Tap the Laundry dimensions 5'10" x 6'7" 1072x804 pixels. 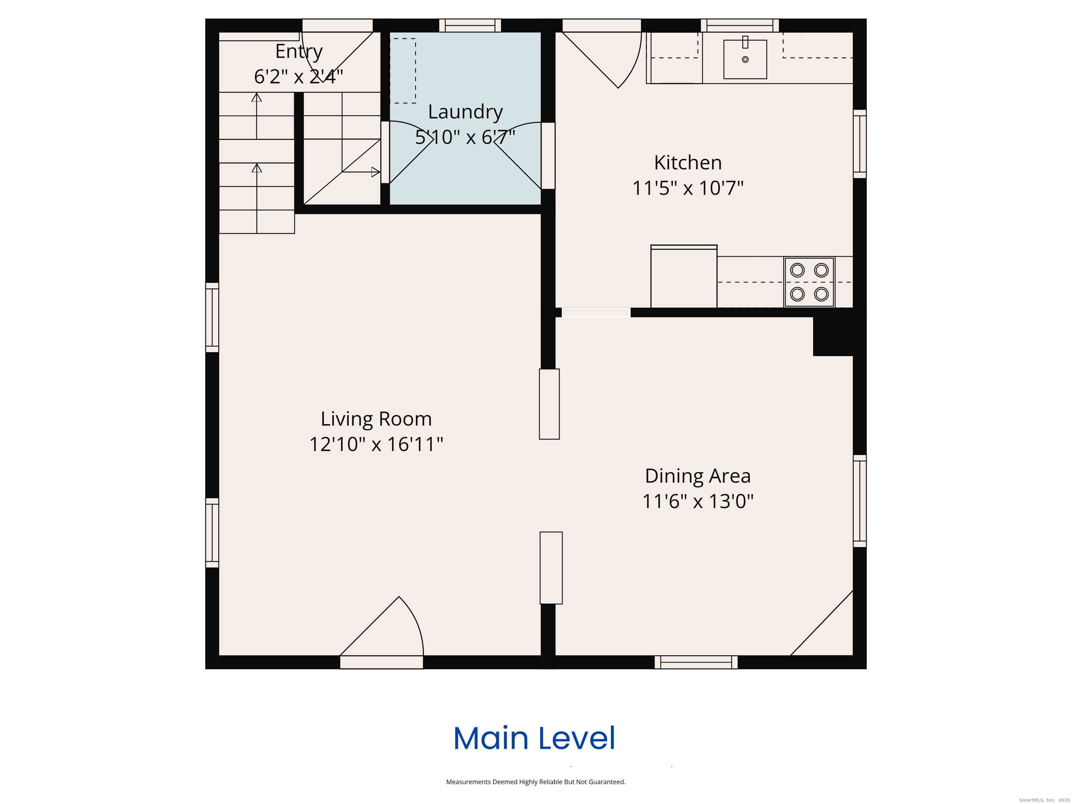(465, 137)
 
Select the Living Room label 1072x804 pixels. (376, 419)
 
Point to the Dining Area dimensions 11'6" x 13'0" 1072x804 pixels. (698, 501)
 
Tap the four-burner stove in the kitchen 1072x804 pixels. (809, 282)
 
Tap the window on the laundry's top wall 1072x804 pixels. (470, 25)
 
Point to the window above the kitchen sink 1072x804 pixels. (740, 25)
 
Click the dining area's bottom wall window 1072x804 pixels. (696, 662)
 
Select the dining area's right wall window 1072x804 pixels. (860, 501)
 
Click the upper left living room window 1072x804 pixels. (212, 318)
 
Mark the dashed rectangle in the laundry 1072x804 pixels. (403, 71)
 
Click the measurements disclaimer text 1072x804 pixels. (536, 782)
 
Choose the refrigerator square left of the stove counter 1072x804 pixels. (684, 276)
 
